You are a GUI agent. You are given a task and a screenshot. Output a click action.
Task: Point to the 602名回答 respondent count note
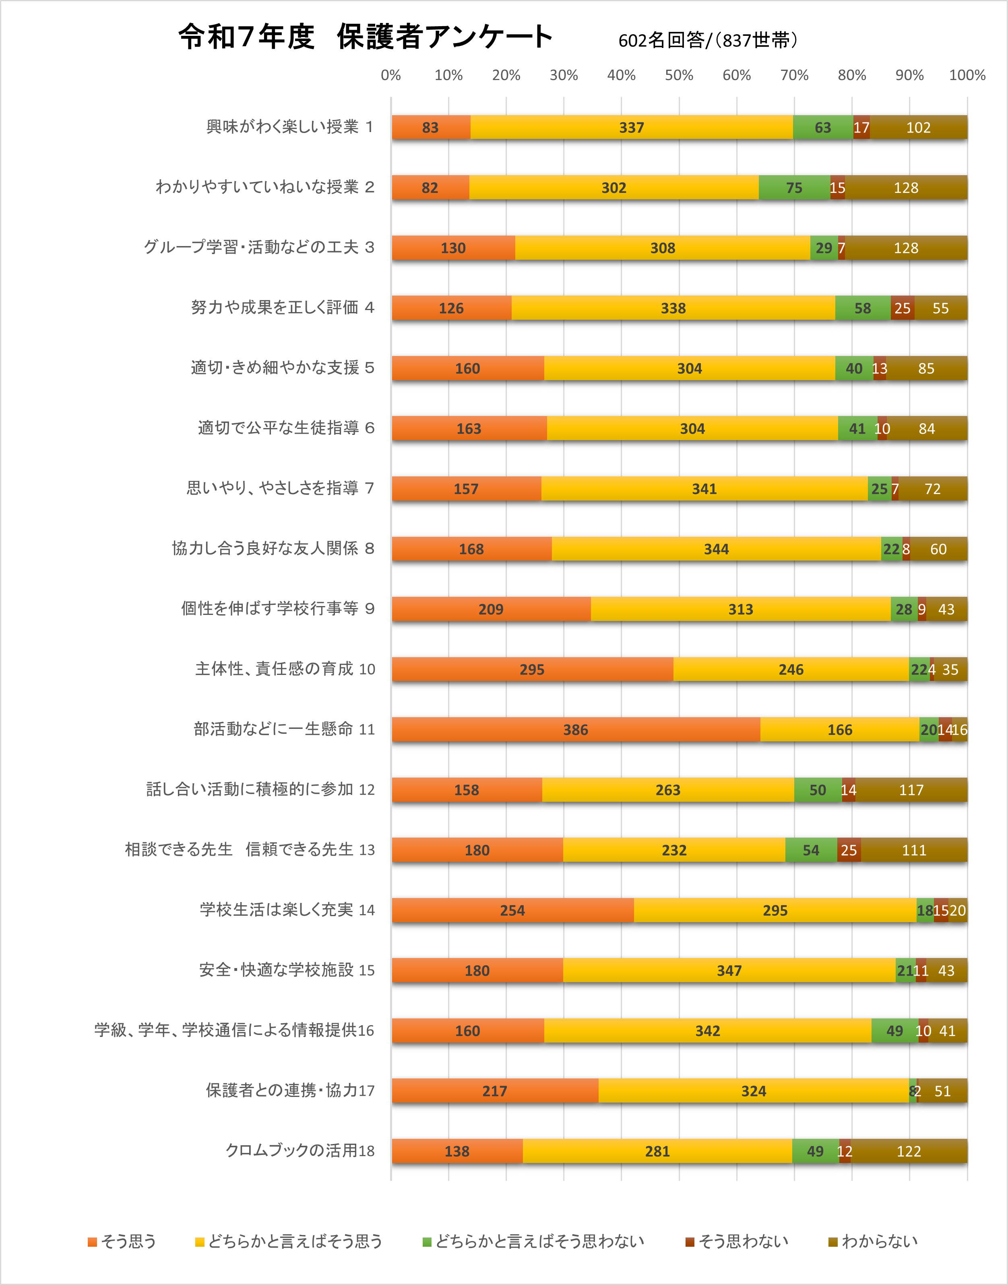708,40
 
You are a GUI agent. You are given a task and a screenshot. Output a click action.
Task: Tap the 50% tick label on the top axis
679,75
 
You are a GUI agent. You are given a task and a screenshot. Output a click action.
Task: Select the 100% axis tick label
967,75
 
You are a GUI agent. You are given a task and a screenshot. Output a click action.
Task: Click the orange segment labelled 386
575,730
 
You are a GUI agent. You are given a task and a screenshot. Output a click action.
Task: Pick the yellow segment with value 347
729,970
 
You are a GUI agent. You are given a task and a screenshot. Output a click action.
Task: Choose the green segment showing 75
794,188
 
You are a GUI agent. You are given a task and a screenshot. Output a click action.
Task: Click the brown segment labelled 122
909,1151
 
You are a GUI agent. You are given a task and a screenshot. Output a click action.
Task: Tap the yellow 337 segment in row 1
632,128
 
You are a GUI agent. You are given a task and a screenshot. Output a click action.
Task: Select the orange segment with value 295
532,669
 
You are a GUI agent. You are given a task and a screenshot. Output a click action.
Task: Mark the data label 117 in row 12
911,790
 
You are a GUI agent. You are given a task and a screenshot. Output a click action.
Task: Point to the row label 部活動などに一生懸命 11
284,729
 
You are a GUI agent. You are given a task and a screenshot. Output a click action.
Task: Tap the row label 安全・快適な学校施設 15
286,970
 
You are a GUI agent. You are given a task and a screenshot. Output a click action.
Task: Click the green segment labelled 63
823,128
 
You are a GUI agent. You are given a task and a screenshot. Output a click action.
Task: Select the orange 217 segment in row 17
495,1091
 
